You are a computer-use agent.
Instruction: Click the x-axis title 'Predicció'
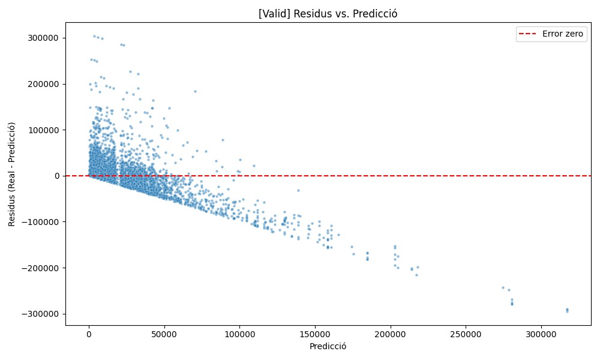tap(328, 347)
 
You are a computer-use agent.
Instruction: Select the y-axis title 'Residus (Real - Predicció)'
tap(12, 174)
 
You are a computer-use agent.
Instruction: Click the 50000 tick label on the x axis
tap(164, 334)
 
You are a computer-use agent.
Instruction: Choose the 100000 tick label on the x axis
tap(239, 334)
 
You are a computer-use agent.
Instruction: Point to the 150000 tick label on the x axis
tap(315, 334)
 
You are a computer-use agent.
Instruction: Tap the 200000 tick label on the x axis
tap(390, 334)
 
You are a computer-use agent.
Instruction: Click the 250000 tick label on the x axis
tap(466, 334)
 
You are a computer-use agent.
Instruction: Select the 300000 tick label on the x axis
tap(541, 334)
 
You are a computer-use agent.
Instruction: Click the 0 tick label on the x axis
tap(89, 334)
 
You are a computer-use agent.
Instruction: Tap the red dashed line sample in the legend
tap(529, 34)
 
